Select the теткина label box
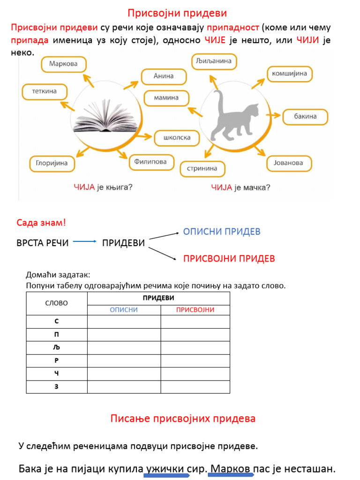click(x=45, y=91)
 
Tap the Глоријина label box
click(x=52, y=163)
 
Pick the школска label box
click(x=177, y=138)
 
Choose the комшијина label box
click(x=290, y=74)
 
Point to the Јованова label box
click(x=289, y=163)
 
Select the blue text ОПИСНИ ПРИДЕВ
click(x=222, y=232)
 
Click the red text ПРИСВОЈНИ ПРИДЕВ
click(x=229, y=258)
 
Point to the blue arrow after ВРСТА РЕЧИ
click(x=84, y=242)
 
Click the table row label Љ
click(x=57, y=348)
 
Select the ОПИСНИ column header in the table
click(x=124, y=309)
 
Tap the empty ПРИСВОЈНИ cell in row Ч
click(x=195, y=374)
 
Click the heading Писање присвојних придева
click(x=183, y=419)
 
